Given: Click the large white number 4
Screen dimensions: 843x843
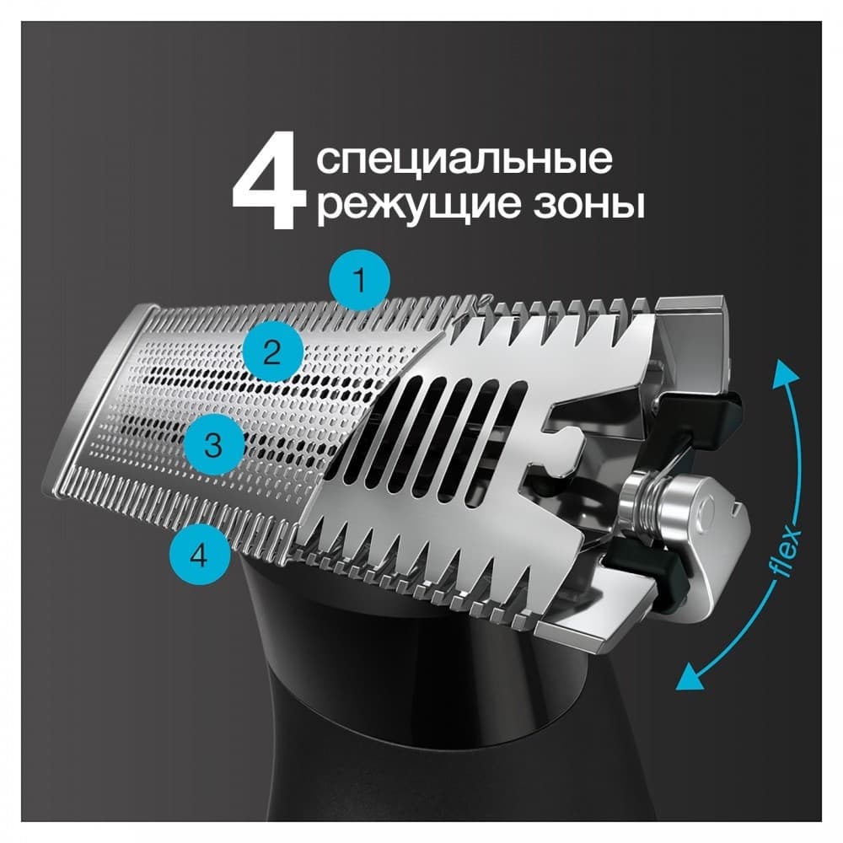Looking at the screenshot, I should coord(268,186).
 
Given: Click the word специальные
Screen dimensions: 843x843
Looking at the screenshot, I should coord(464,159).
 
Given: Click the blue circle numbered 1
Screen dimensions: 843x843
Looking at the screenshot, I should coord(360,279).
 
